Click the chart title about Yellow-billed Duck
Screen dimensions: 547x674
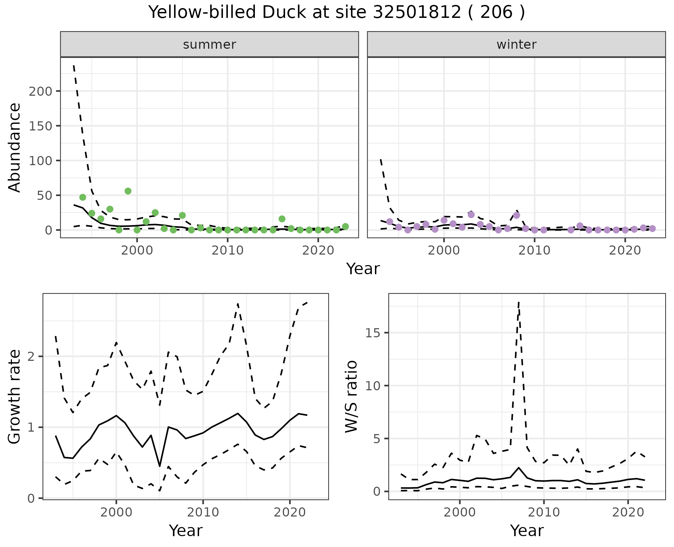(337, 13)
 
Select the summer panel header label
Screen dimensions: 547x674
(210, 45)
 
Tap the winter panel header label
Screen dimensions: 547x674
(516, 45)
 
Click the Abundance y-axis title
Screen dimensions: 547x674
(15, 148)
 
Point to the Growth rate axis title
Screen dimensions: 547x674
(15, 397)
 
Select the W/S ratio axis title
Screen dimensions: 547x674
(351, 397)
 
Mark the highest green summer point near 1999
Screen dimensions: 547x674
(128, 191)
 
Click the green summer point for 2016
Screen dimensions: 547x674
(282, 219)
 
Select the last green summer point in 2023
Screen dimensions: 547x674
(345, 227)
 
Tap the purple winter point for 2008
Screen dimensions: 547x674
(516, 215)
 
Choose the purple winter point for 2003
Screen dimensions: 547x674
(471, 215)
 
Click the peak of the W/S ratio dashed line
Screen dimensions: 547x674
(518, 302)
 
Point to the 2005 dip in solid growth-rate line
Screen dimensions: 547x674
(160, 466)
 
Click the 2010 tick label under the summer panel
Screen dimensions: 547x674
(227, 251)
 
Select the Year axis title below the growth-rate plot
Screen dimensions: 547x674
(186, 531)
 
